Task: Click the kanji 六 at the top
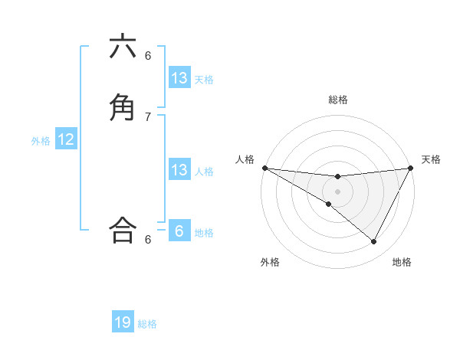[123, 47]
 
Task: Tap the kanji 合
[123, 229]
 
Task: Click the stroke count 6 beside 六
[148, 55]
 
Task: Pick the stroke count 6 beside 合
[148, 239]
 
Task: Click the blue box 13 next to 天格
[179, 78]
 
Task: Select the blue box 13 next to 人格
[179, 170]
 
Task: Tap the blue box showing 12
[66, 139]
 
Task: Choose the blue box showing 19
[123, 322]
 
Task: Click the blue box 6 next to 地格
[179, 231]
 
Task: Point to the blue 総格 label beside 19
[147, 324]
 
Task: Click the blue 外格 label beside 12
[41, 141]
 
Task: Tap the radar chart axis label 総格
[337, 100]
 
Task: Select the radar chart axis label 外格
[270, 263]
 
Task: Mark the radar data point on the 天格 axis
[411, 168]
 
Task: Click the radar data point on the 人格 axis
[264, 168]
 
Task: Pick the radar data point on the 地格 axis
[373, 241]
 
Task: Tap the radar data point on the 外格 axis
[328, 205]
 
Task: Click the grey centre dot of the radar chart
[337, 191]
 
